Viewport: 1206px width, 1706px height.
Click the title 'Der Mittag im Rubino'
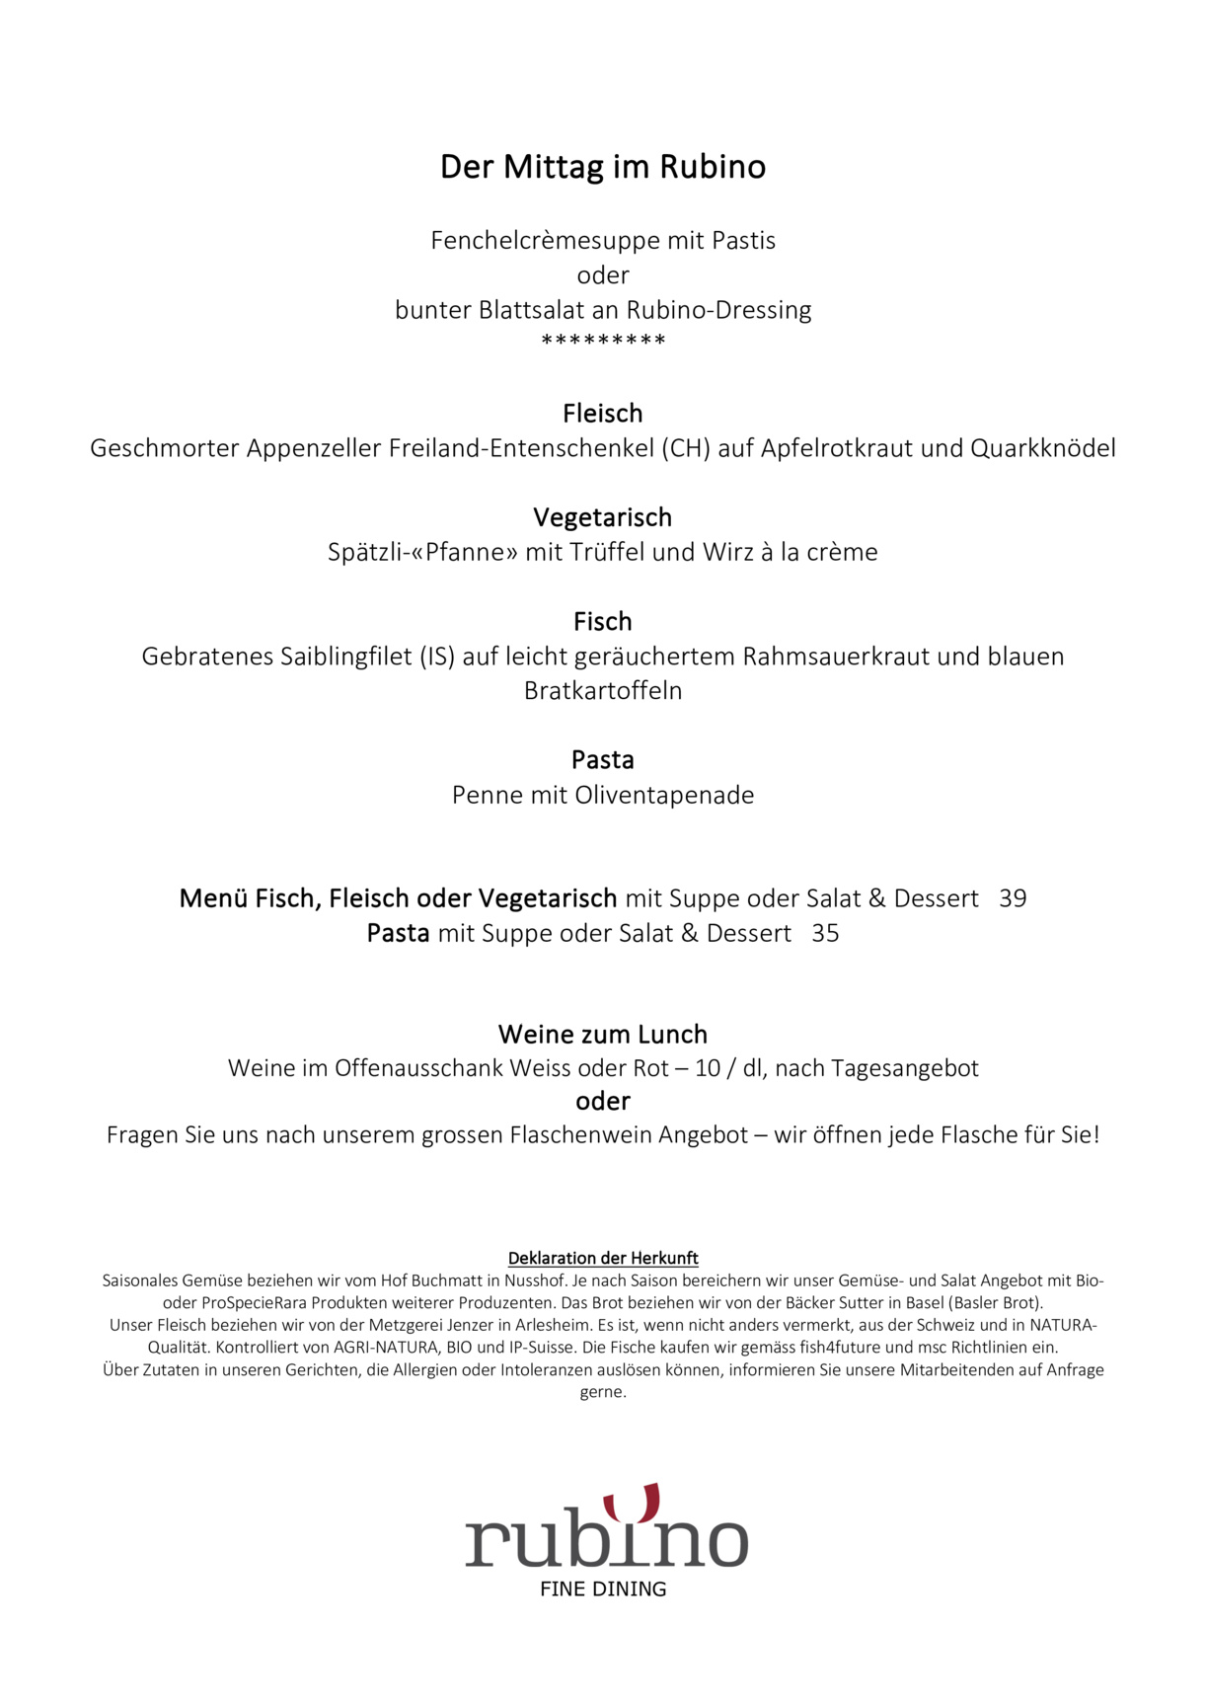coord(602,167)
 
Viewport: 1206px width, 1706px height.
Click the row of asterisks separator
coord(603,341)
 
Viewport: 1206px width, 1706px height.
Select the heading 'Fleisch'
coord(602,413)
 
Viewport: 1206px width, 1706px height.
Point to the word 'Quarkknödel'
coord(1043,448)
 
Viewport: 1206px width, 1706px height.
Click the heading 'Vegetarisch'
coord(602,517)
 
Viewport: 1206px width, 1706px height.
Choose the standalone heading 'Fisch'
coord(602,621)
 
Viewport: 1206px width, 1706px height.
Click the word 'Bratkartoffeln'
coord(602,691)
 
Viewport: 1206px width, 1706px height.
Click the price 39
coord(1013,898)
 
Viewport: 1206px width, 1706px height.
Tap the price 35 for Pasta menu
coord(825,933)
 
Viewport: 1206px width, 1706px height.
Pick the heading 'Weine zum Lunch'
coord(602,1034)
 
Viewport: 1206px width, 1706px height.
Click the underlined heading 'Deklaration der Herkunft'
coord(602,1258)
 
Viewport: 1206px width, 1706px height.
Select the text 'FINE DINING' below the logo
coord(603,1589)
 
